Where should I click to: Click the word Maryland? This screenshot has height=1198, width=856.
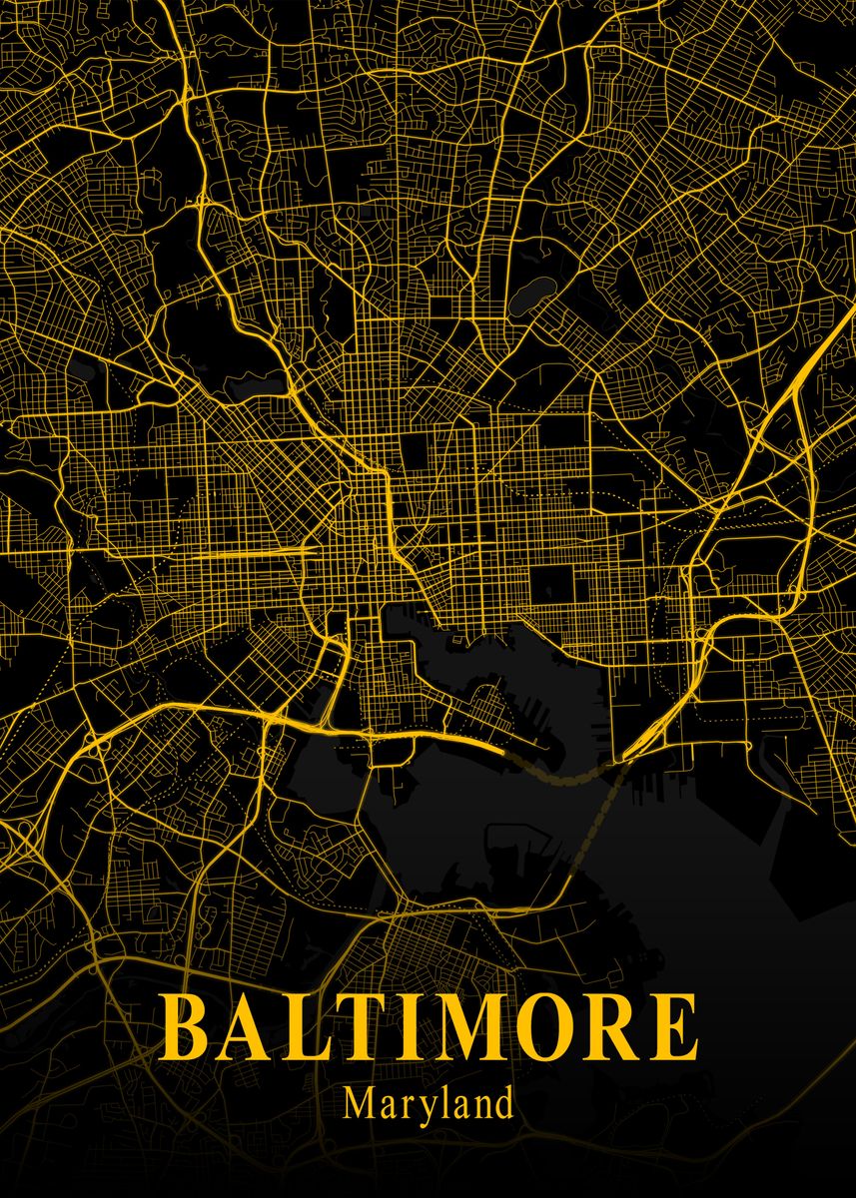[428, 1104]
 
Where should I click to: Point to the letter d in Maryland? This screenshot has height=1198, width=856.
[503, 1103]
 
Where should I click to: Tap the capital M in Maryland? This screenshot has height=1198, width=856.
[358, 1103]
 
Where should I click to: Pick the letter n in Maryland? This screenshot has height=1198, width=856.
[479, 1106]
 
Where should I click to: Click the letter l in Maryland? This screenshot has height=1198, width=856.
[436, 1102]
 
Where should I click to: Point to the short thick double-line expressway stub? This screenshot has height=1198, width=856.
[255, 551]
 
